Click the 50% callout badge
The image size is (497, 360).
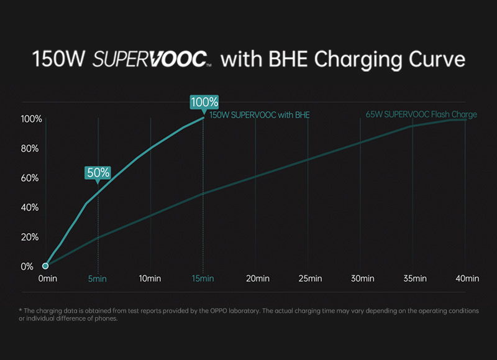pyautogui.click(x=98, y=173)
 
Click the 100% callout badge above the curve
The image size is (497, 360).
pyautogui.click(x=204, y=103)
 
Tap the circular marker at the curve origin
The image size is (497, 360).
pyautogui.click(x=45, y=265)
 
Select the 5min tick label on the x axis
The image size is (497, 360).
pyautogui.click(x=98, y=279)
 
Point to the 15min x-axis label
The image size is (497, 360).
pyautogui.click(x=203, y=279)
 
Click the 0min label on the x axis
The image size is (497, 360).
pyautogui.click(x=48, y=279)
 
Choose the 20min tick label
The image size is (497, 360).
pyautogui.click(x=258, y=279)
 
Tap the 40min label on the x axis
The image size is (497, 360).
pyautogui.click(x=467, y=279)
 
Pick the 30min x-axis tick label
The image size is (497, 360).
pyautogui.click(x=362, y=279)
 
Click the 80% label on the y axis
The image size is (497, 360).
pyautogui.click(x=29, y=149)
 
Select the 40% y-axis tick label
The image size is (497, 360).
pyautogui.click(x=29, y=208)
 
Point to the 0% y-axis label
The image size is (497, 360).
pyautogui.click(x=27, y=267)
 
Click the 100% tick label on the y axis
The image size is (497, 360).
pyautogui.click(x=31, y=119)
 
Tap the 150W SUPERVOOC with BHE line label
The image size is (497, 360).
pyautogui.click(x=260, y=115)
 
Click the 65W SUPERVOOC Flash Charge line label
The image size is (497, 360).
pyautogui.click(x=421, y=114)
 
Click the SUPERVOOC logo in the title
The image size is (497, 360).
pyautogui.click(x=152, y=59)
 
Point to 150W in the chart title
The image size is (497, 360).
pyautogui.click(x=58, y=59)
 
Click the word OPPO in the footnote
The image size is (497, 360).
pyautogui.click(x=219, y=311)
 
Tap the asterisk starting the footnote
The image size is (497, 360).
pyautogui.click(x=21, y=310)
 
